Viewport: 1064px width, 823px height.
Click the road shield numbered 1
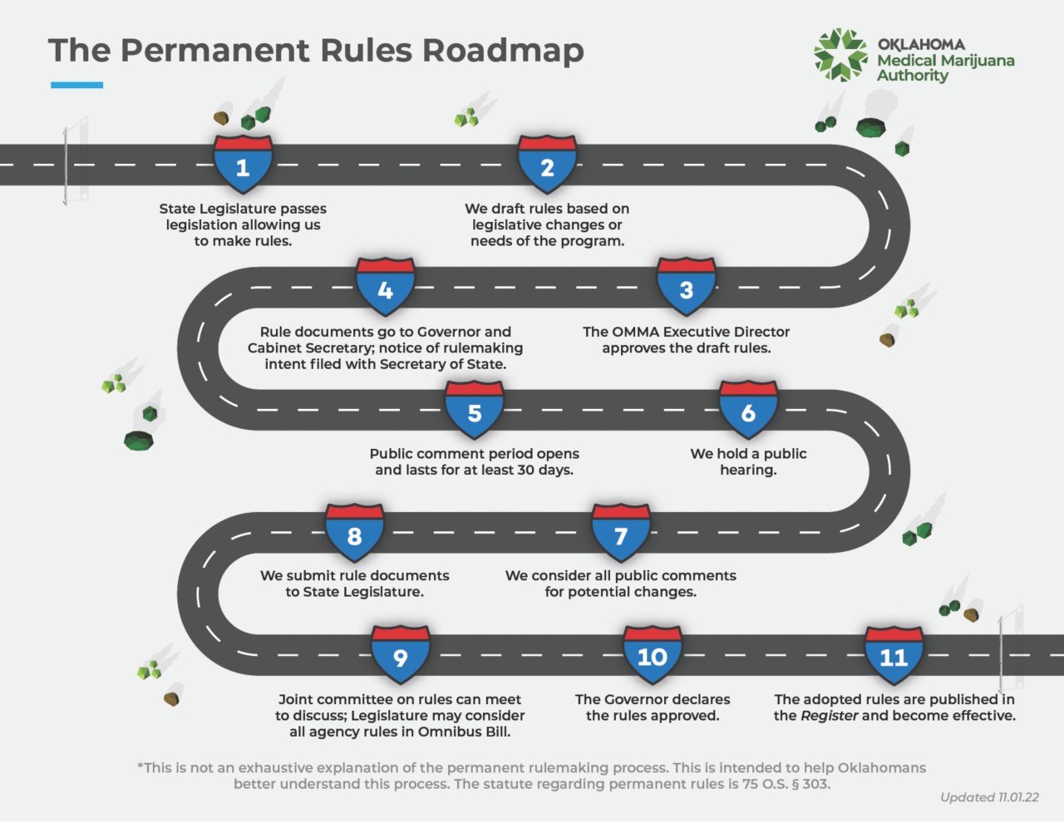pyautogui.click(x=243, y=165)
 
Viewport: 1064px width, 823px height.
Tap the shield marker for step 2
pyautogui.click(x=547, y=165)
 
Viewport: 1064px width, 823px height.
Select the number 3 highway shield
pyautogui.click(x=686, y=288)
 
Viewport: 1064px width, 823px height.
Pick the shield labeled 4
pyautogui.click(x=385, y=288)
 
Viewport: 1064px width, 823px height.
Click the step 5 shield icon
pyautogui.click(x=474, y=411)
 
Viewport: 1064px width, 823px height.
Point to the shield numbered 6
pyautogui.click(x=748, y=411)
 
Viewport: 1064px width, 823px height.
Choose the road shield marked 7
pyautogui.click(x=620, y=534)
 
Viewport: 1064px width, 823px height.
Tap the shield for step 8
pyautogui.click(x=354, y=534)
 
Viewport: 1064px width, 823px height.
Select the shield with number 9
pyautogui.click(x=400, y=656)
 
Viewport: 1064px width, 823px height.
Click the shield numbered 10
pyautogui.click(x=653, y=656)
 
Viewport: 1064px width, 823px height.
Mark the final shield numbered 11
pyautogui.click(x=894, y=656)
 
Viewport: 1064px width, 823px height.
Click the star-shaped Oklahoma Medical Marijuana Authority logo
pyautogui.click(x=840, y=56)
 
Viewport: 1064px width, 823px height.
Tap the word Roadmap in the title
pyautogui.click(x=503, y=51)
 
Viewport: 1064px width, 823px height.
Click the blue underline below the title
pyautogui.click(x=76, y=85)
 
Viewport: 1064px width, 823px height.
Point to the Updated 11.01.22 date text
pyautogui.click(x=989, y=797)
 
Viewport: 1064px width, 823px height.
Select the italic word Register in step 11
pyautogui.click(x=829, y=716)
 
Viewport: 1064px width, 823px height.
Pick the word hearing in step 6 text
pyautogui.click(x=748, y=470)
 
